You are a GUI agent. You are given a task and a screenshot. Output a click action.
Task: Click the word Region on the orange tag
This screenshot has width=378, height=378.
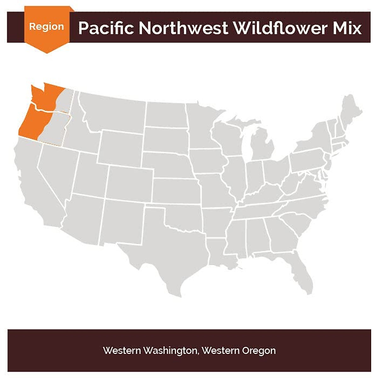(x=46, y=27)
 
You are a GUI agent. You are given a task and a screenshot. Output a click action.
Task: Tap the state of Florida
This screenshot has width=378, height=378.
(x=299, y=271)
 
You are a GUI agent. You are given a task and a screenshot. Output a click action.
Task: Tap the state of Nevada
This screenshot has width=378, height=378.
(x=57, y=170)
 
